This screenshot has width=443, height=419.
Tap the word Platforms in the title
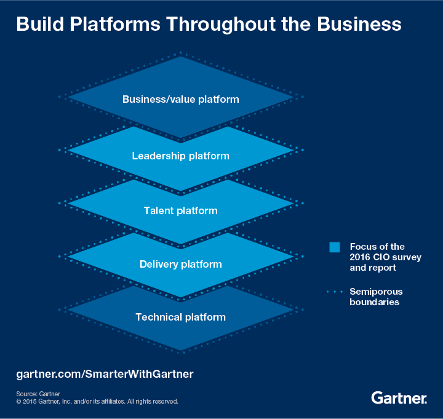click(x=118, y=24)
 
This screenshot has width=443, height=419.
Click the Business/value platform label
click(x=180, y=98)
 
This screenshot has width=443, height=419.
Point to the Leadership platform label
click(x=180, y=156)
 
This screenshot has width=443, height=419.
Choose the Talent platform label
click(x=180, y=210)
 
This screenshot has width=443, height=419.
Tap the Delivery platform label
click(x=180, y=264)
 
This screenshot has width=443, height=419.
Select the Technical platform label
click(x=180, y=317)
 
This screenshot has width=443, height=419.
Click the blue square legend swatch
click(x=335, y=247)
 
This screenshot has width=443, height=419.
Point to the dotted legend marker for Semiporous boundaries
click(x=335, y=291)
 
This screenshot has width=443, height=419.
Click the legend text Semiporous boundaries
click(x=376, y=297)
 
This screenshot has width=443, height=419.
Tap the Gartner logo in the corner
click(x=399, y=398)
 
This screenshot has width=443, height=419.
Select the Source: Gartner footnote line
click(x=38, y=394)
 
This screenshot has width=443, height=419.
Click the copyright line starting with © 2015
click(x=97, y=401)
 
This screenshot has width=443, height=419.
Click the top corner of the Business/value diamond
click(x=180, y=57)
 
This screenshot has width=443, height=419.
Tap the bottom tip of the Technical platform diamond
click(x=180, y=351)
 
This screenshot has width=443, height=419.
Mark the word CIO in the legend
click(x=382, y=257)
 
